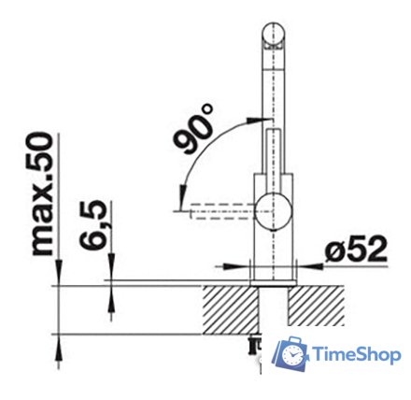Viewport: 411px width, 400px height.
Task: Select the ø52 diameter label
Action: click(356, 250)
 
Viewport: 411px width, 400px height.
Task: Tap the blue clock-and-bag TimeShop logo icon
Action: click(291, 355)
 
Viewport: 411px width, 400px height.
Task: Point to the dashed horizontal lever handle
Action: click(220, 211)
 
